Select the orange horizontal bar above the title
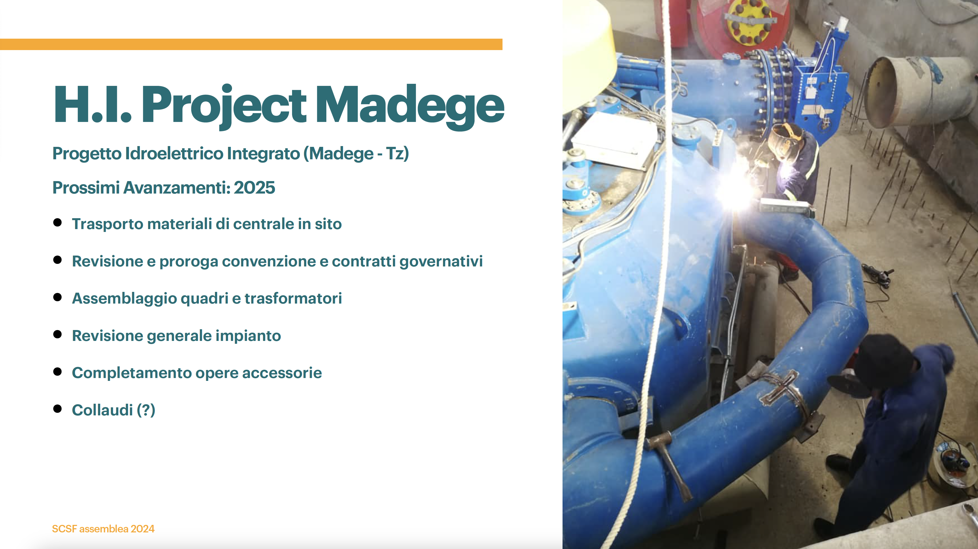coord(251,44)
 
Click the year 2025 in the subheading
coord(254,188)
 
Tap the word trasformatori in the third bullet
coord(293,298)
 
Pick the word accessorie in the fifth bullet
coord(282,373)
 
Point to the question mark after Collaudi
coord(146,410)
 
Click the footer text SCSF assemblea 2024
coord(103,529)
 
